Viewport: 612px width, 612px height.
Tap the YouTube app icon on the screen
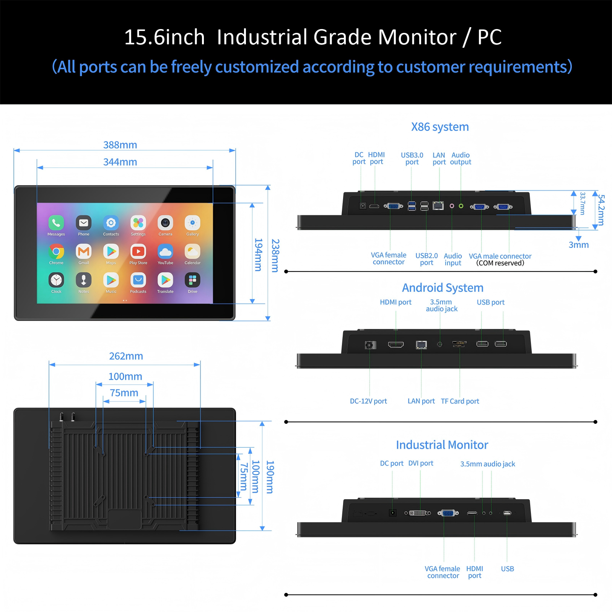[x=165, y=251]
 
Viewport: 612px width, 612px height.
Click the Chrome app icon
[x=56, y=251]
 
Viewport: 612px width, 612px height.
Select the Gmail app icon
[x=84, y=251]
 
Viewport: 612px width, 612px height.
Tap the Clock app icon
[x=56, y=280]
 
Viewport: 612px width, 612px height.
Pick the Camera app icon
[x=165, y=223]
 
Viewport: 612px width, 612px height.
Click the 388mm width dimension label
[x=120, y=145]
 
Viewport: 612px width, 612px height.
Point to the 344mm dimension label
[x=120, y=162]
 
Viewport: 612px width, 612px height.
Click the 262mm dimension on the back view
[x=126, y=356]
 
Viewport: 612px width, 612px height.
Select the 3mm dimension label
[x=579, y=245]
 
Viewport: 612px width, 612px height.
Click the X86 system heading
[x=440, y=127]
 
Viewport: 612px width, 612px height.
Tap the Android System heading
[x=443, y=288]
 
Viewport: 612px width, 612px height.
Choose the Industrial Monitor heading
[x=442, y=445]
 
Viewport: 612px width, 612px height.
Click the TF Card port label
[x=460, y=401]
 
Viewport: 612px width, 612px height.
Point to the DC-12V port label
[x=368, y=401]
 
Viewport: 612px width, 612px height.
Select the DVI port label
[x=421, y=463]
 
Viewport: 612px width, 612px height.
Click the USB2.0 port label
[x=426, y=259]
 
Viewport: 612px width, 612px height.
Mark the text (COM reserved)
[x=500, y=263]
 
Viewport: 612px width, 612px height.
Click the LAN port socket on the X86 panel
[x=438, y=206]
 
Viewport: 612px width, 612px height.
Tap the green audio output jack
[x=461, y=206]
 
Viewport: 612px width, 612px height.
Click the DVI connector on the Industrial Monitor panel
[x=418, y=513]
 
